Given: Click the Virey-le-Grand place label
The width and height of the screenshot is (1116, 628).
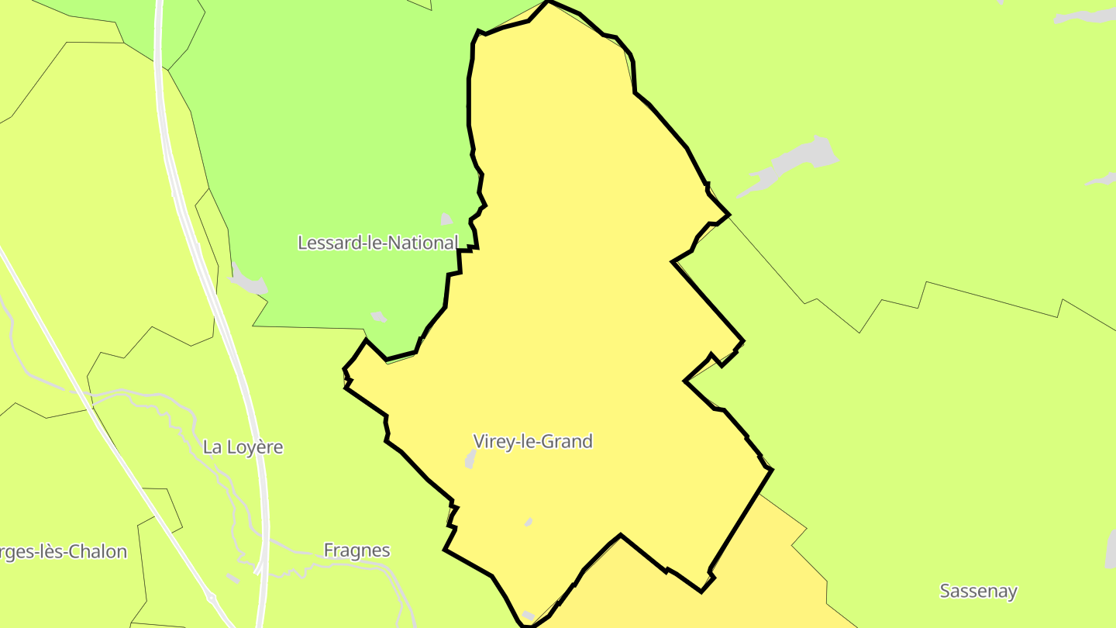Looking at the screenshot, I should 532,441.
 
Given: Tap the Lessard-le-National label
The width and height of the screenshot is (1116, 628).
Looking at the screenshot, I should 377,243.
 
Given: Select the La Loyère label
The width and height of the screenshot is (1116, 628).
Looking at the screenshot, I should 243,447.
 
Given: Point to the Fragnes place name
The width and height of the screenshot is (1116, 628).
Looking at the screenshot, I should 356,550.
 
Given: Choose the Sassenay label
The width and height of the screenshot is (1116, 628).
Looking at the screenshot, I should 978,591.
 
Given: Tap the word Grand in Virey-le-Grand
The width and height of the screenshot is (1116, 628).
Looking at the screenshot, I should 565,441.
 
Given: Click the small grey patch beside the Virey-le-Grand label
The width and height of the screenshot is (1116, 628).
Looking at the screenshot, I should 470,460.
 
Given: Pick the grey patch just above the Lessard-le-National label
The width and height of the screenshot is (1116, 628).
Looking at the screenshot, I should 446,219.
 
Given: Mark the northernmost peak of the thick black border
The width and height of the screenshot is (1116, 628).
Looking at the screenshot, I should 549,2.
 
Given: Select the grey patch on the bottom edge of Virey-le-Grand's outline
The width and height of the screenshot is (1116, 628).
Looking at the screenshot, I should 529,616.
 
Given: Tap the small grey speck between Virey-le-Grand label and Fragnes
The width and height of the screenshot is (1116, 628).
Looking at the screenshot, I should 529,522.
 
